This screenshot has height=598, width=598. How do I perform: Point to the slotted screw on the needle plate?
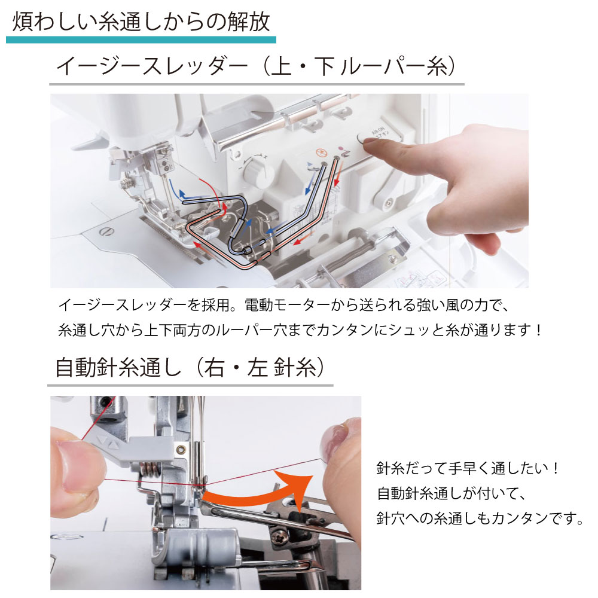[x=106, y=231]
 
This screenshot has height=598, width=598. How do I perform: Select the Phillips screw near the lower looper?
[x=277, y=538]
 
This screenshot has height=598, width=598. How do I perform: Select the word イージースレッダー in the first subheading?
[x=152, y=66]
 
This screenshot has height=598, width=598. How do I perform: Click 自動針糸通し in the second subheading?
[x=118, y=368]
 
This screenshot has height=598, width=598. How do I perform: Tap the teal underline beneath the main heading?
[x=141, y=39]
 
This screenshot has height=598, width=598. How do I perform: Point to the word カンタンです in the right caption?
[x=533, y=518]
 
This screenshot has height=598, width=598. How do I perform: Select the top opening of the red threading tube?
[x=337, y=157]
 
